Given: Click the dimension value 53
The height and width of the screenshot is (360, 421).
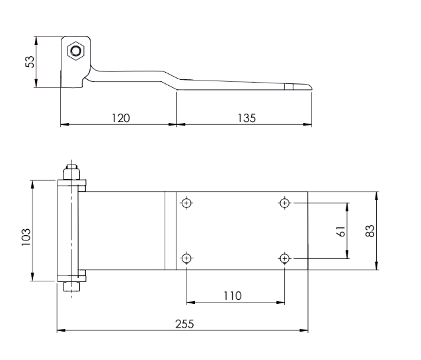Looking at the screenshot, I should point(30,62).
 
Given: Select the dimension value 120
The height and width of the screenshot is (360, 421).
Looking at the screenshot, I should point(120,117).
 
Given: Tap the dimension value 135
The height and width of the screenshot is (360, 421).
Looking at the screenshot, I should point(245,117).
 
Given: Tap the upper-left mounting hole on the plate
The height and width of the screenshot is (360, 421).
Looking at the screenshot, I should point(187,202).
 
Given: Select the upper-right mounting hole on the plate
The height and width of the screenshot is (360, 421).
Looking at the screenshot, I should point(285,202).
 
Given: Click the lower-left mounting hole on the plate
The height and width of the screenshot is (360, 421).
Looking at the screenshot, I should point(187,258).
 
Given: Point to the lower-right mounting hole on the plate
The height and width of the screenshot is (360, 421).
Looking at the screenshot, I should point(285,258).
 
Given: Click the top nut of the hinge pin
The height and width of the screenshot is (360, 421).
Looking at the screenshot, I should point(72,173).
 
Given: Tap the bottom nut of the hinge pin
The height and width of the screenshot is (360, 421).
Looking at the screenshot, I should point(72,287).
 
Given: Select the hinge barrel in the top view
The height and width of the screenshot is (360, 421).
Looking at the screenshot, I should point(68,230).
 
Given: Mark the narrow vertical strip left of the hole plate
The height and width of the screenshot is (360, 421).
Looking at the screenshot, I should point(170,230).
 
